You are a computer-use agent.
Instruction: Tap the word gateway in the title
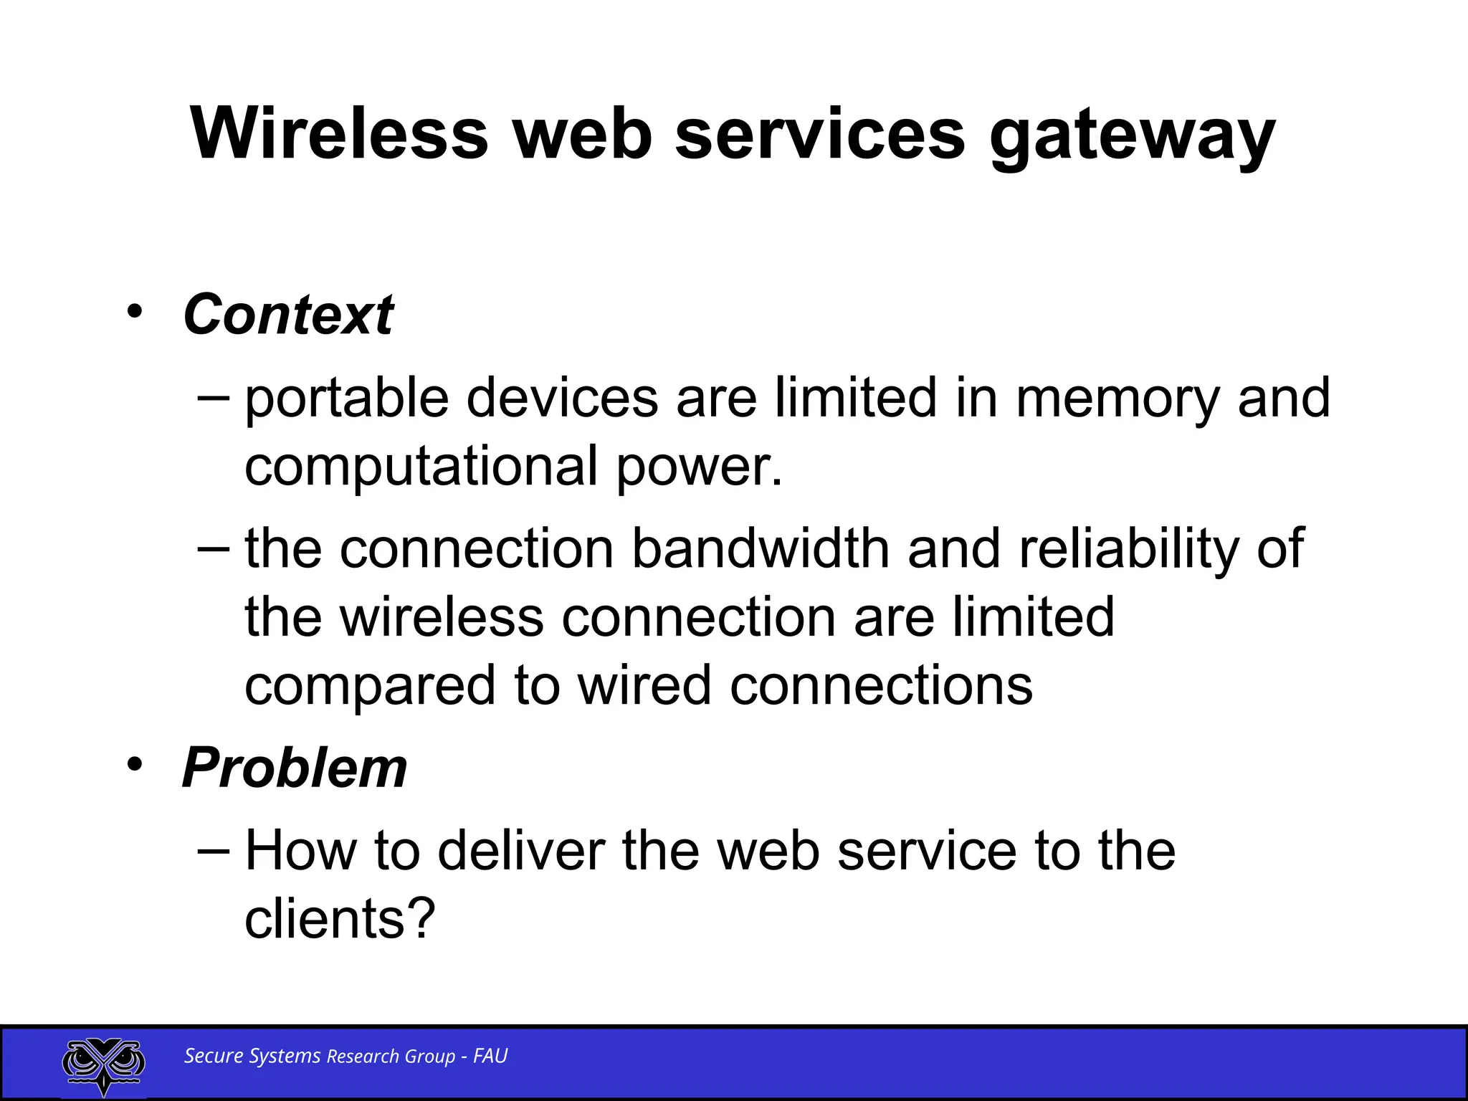click(1132, 136)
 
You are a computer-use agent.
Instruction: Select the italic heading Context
click(288, 315)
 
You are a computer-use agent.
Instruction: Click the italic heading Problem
click(295, 768)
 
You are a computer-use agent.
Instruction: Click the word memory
click(1117, 399)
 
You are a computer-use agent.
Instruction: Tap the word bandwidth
click(761, 549)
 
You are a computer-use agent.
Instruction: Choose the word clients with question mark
click(340, 919)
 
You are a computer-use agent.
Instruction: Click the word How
click(300, 851)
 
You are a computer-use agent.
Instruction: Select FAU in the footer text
click(490, 1056)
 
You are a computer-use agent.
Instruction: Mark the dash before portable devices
click(213, 396)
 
